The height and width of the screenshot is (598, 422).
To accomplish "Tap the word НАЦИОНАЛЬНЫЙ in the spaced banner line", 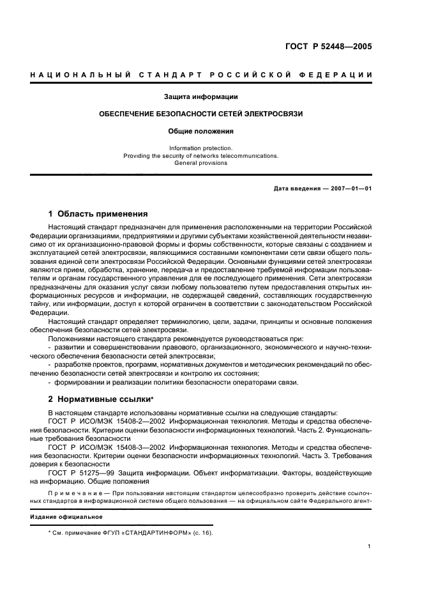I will click(76, 75).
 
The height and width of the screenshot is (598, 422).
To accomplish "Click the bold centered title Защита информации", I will click(200, 97).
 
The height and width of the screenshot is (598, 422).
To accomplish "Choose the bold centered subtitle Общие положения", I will click(200, 131).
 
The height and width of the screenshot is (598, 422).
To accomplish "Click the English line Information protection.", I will click(200, 148).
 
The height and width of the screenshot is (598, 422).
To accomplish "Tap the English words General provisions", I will click(200, 163).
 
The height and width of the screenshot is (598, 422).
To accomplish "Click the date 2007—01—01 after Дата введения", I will click(350, 188).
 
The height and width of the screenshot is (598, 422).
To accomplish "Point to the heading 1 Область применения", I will click(98, 214).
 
